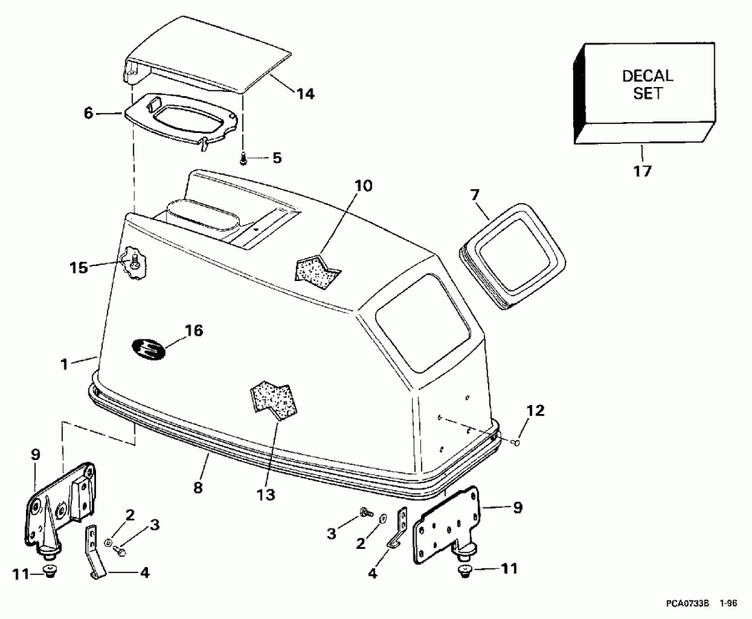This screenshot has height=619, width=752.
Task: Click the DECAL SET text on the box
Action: point(648,84)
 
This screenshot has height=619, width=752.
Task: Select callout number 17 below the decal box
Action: point(643,171)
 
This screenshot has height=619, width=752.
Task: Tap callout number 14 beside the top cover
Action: point(305,94)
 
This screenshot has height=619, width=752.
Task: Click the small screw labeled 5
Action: point(242,157)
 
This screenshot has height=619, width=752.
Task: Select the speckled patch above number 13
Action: point(277,396)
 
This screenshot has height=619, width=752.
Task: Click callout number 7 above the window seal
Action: point(474,195)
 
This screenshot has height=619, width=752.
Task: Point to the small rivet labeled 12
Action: point(517,441)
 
